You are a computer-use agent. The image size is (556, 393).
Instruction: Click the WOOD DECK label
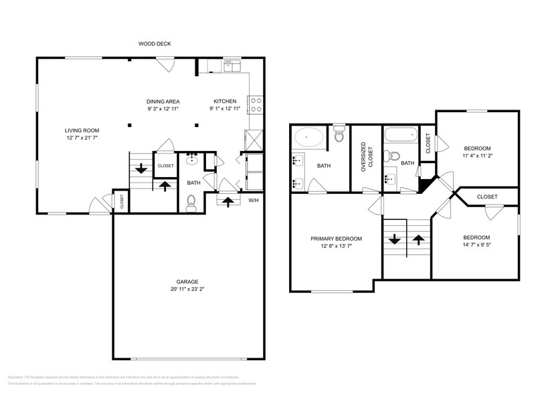tap(155, 44)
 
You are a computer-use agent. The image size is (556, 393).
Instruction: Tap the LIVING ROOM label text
tap(82, 130)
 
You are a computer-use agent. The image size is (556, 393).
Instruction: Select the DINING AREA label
tap(163, 102)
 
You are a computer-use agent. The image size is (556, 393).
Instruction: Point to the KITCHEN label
tap(225, 102)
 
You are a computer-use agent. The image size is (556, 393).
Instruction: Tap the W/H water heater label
tap(254, 201)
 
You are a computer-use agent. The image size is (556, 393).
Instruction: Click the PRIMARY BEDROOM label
tap(336, 239)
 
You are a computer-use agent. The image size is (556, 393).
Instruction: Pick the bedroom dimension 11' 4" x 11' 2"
tap(478, 155)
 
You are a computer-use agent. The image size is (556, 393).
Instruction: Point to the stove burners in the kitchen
tap(255, 105)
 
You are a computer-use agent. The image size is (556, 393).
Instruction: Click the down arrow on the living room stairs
tap(142, 170)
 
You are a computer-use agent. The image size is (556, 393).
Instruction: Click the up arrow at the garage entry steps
tap(227, 200)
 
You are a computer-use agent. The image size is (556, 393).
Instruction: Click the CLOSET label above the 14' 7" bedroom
tap(486, 197)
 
